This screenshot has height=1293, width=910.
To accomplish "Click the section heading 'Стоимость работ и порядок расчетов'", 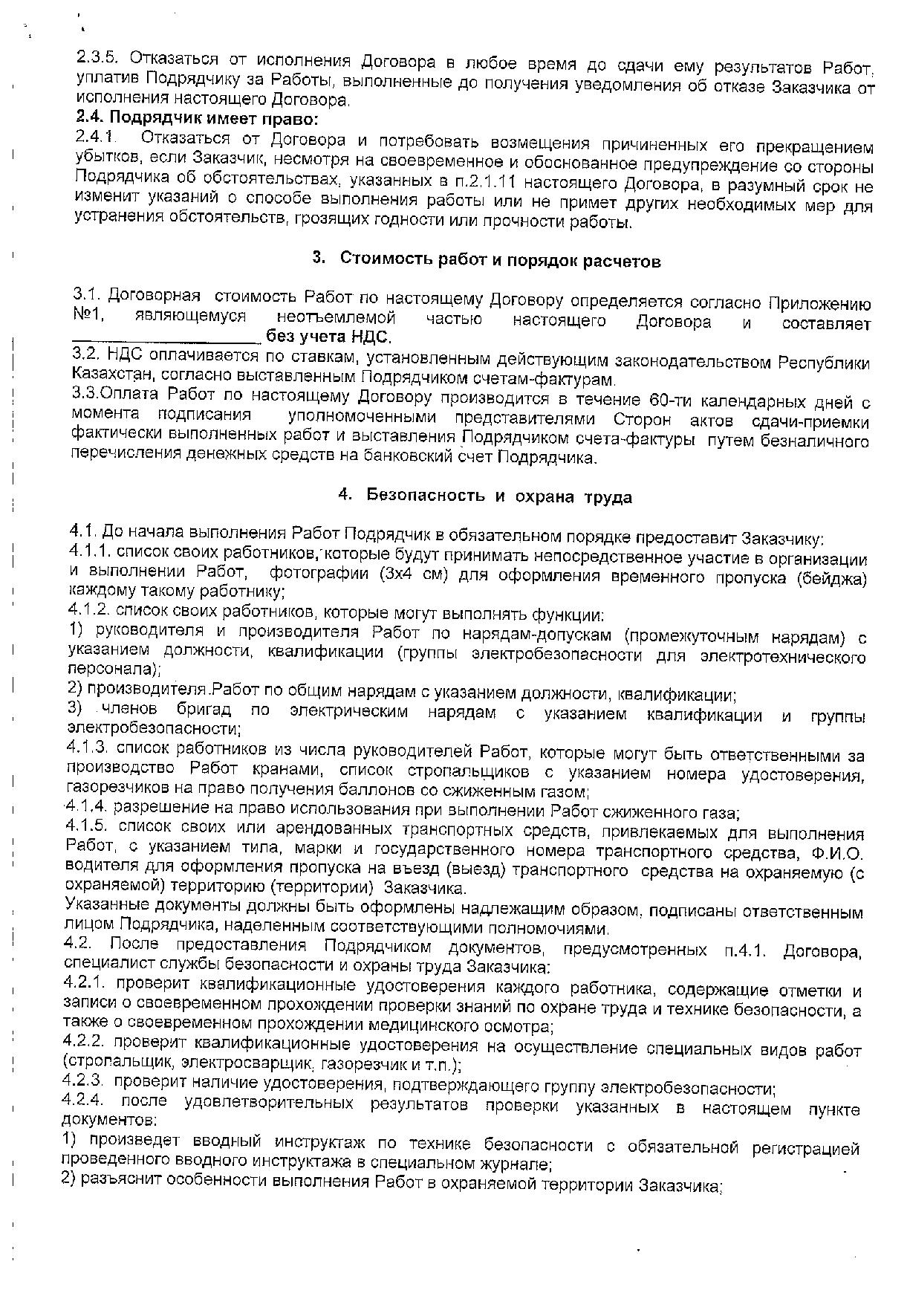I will point(499,260).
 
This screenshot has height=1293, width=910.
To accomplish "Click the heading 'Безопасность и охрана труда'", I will point(499,497).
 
